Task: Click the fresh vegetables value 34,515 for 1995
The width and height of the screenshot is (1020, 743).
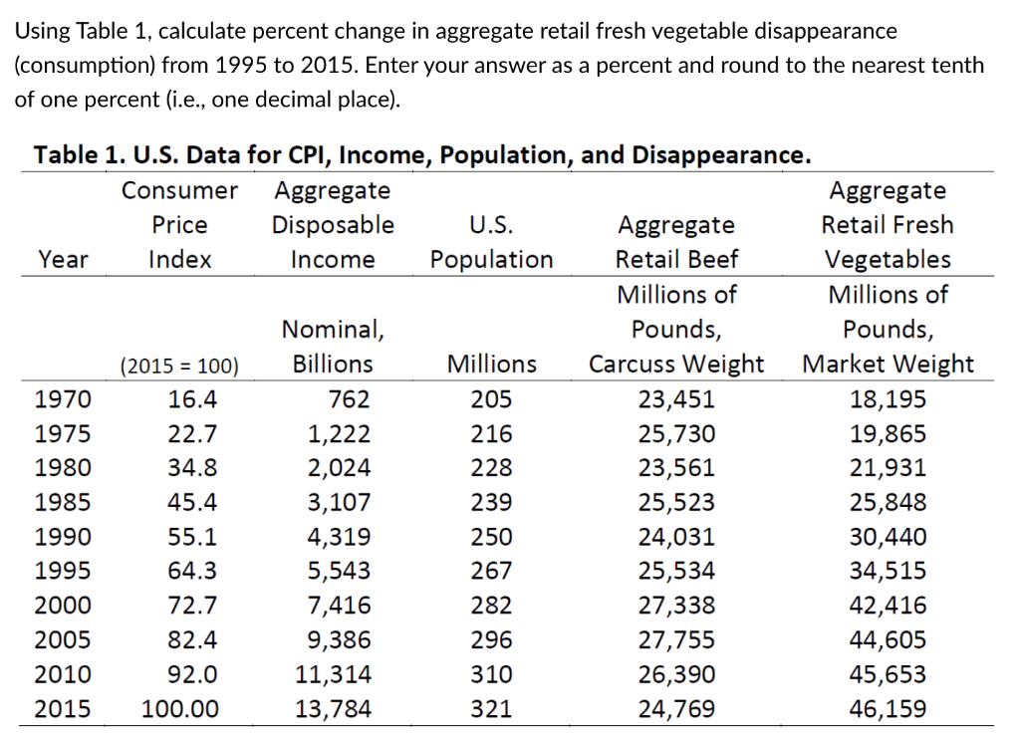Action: pos(887,572)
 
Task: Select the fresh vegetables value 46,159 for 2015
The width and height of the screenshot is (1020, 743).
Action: pos(887,709)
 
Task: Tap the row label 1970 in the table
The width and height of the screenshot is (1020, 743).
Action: pos(62,400)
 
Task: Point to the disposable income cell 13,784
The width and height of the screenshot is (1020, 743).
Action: pos(334,709)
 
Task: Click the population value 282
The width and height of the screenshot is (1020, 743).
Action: pos(491,606)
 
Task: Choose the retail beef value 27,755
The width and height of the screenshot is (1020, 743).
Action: pos(676,640)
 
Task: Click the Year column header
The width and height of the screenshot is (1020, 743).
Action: pos(62,260)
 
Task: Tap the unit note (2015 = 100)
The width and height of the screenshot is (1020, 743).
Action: pos(179,366)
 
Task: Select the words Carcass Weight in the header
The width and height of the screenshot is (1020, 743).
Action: pos(676,365)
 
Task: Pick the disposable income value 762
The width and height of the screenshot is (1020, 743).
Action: pos(349,400)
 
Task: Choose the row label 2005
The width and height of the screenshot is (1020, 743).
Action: pos(62,640)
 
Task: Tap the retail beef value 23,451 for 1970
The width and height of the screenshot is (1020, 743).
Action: pos(676,400)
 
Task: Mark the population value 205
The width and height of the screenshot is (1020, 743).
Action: pos(491,400)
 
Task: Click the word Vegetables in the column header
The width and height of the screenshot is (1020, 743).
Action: pos(887,260)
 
